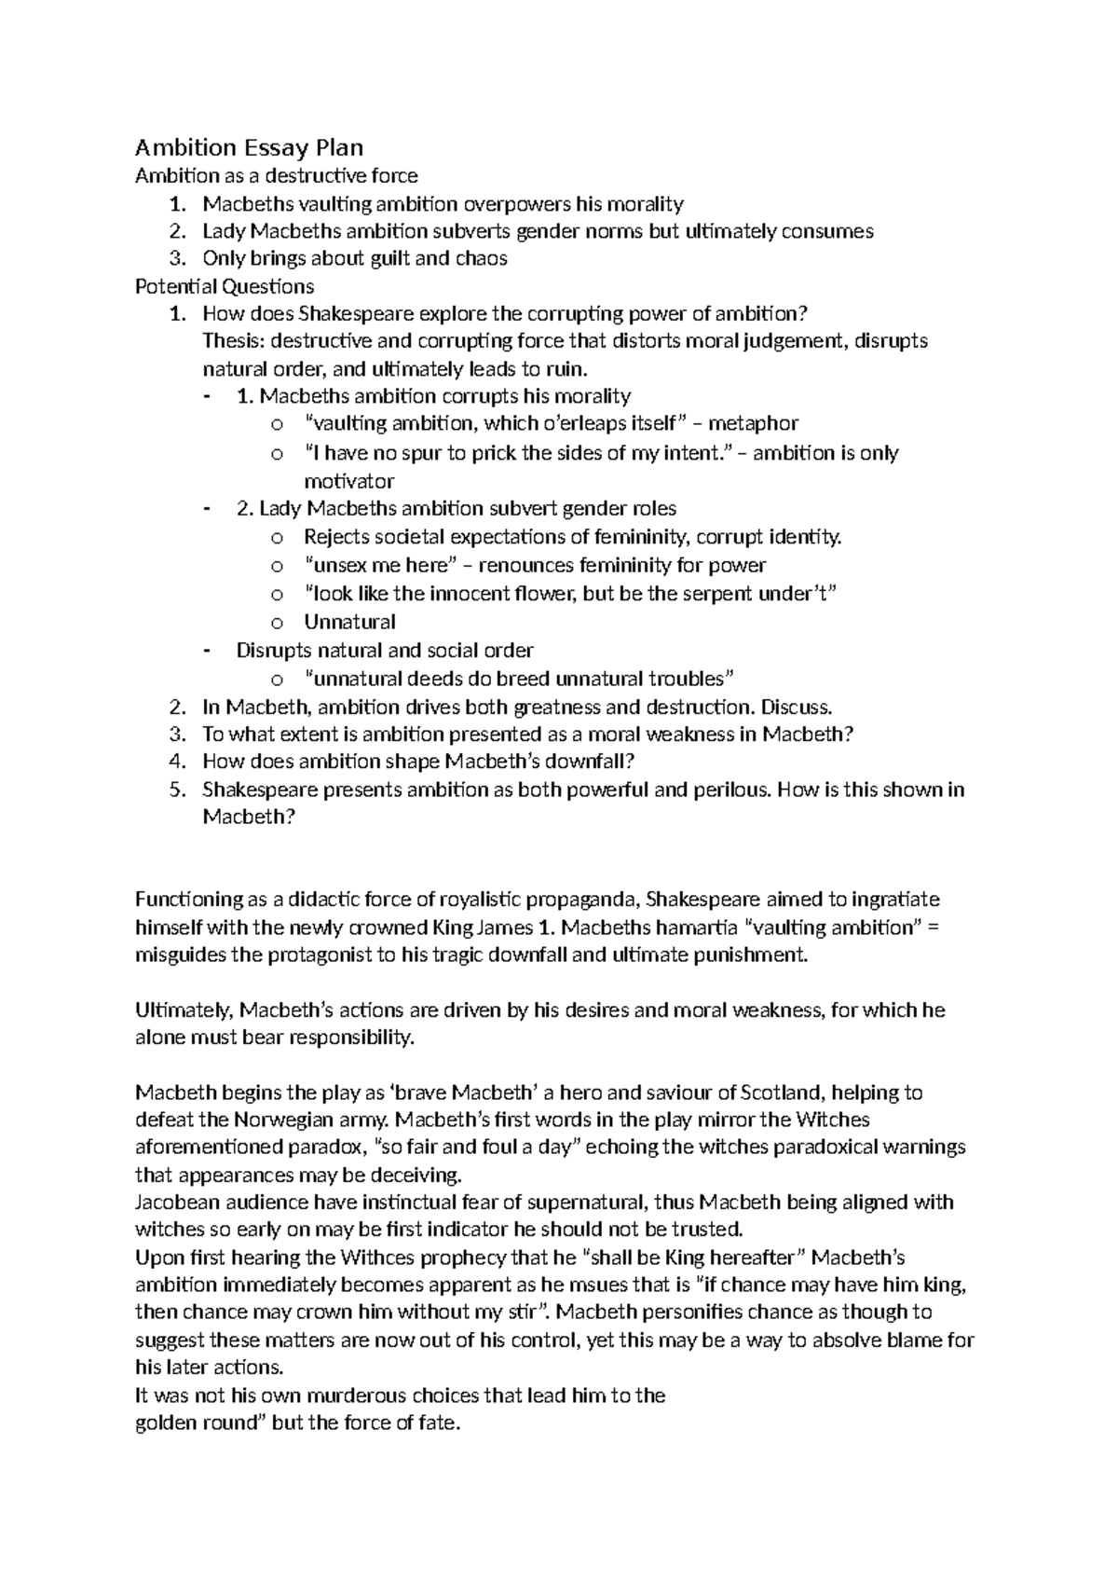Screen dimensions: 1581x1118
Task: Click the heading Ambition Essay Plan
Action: click(x=249, y=147)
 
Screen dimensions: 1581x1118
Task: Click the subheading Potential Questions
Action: click(x=225, y=286)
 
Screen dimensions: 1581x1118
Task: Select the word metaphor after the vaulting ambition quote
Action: click(x=753, y=424)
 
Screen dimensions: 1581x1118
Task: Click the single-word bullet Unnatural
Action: click(x=349, y=622)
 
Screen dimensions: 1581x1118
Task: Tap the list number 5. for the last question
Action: click(x=178, y=790)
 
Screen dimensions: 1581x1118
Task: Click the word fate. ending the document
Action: click(x=441, y=1423)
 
